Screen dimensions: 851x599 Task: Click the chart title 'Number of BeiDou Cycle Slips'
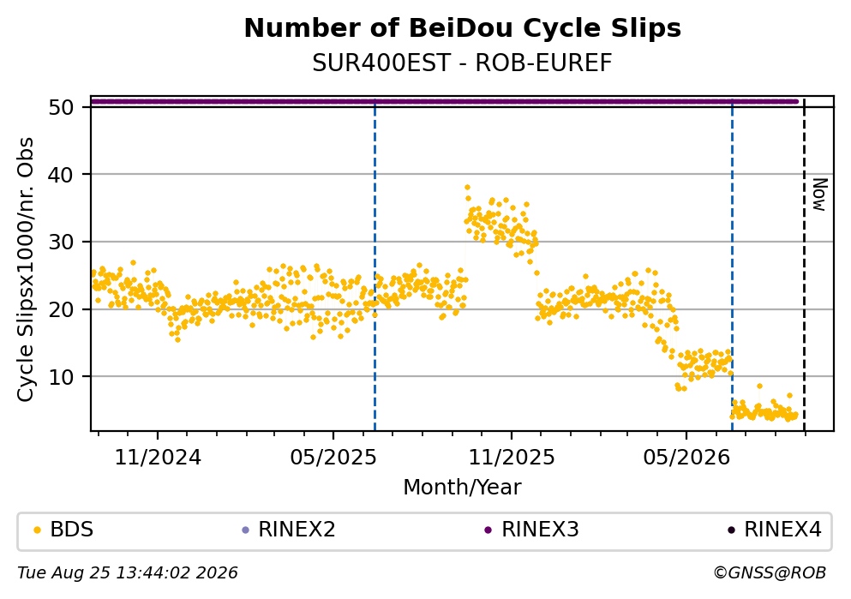pyautogui.click(x=463, y=28)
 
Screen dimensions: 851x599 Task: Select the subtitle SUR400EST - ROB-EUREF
pyautogui.click(x=463, y=63)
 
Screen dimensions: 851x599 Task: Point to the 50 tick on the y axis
pyautogui.click(x=61, y=107)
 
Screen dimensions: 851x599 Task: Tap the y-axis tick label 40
pyautogui.click(x=61, y=175)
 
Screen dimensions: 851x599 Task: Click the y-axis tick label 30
pyautogui.click(x=61, y=242)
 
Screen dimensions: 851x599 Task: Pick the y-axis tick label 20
pyautogui.click(x=61, y=309)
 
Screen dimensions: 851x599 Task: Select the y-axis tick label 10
pyautogui.click(x=61, y=376)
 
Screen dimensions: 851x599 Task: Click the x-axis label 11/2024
pyautogui.click(x=158, y=458)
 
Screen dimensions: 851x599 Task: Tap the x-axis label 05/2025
pyautogui.click(x=333, y=458)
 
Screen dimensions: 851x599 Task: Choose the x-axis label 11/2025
pyautogui.click(x=512, y=458)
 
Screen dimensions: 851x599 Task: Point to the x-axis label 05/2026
pyautogui.click(x=686, y=458)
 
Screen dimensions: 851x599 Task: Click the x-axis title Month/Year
pyautogui.click(x=463, y=488)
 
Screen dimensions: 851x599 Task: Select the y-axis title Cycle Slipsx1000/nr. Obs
pyautogui.click(x=26, y=270)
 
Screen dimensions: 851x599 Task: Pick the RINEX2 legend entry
pyautogui.click(x=289, y=530)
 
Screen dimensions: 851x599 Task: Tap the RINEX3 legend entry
pyautogui.click(x=532, y=530)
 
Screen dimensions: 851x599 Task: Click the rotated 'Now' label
pyautogui.click(x=819, y=195)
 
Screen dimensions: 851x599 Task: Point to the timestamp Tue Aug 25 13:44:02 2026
pyautogui.click(x=128, y=573)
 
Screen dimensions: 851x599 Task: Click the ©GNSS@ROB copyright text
pyautogui.click(x=770, y=573)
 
